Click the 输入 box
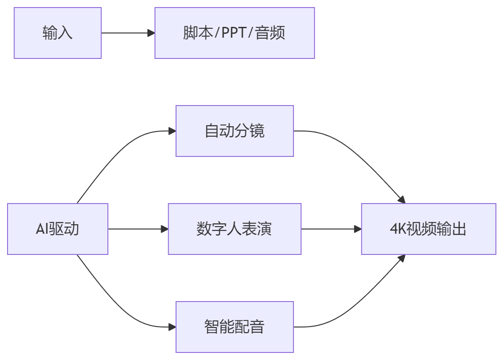pyautogui.click(x=57, y=33)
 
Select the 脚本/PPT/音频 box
pyautogui.click(x=235, y=33)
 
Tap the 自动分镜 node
pyautogui.click(x=235, y=131)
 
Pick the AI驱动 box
pyautogui.click(x=57, y=229)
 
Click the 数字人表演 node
pyautogui.click(x=235, y=229)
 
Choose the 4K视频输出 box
pyautogui.click(x=428, y=229)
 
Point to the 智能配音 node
pyautogui.click(x=235, y=327)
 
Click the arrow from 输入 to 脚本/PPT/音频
pyautogui.click(x=127, y=33)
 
